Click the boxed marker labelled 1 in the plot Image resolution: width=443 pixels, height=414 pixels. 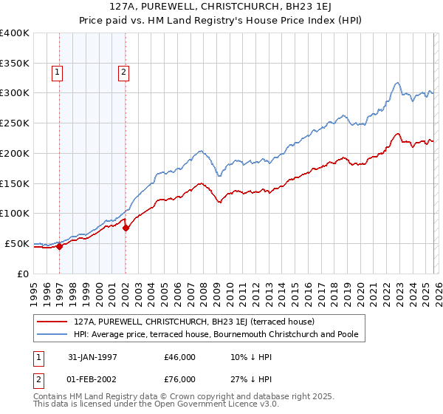pos(58,72)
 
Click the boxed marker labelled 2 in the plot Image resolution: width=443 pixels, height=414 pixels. pos(123,72)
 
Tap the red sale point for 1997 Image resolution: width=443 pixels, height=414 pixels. pos(60,246)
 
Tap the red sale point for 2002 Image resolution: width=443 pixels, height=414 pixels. pos(126,228)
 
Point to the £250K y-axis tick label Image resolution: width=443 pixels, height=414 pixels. pos(15,123)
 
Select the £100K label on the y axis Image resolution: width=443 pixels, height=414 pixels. pos(15,214)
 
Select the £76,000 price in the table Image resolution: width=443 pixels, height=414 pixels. pos(179,379)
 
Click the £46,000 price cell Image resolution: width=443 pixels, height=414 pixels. pos(179,357)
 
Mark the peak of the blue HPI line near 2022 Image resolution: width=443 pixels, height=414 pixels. pos(397,82)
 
